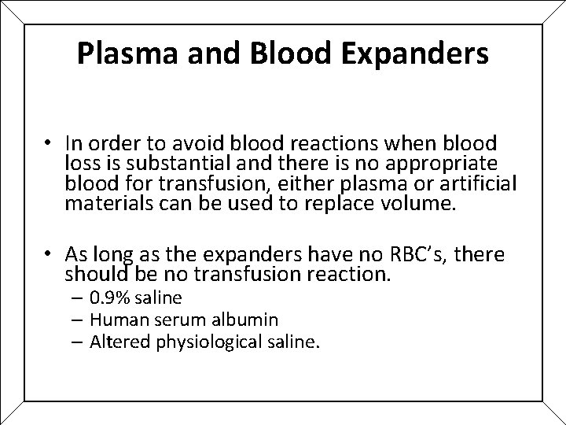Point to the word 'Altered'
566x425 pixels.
pyautogui.click(x=116, y=342)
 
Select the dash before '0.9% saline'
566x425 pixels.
pyautogui.click(x=80, y=298)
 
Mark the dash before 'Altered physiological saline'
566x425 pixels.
pyautogui.click(x=80, y=342)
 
